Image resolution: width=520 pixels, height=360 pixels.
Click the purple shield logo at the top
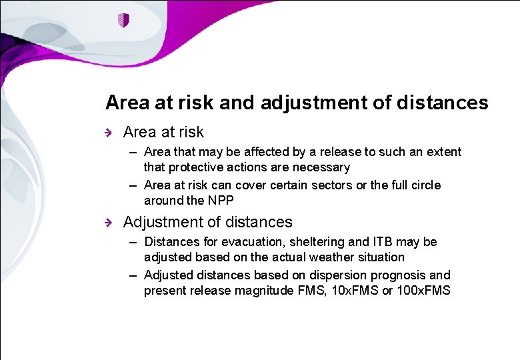coord(123,20)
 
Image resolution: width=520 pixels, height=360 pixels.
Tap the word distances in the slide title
coord(442,103)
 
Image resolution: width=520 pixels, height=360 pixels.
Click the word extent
coord(443,152)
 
